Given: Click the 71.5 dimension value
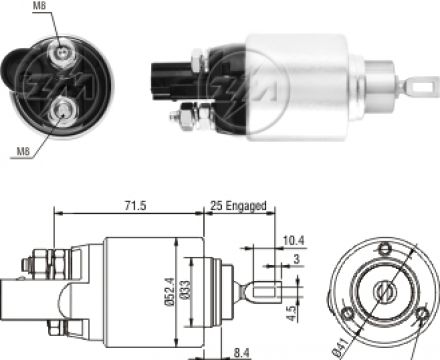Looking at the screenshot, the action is (135, 205).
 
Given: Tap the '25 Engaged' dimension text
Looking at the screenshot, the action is (238, 205).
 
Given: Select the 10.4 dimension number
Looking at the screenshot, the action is (294, 240).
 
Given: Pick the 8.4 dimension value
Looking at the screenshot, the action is (241, 353).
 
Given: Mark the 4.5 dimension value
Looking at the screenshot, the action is (292, 313).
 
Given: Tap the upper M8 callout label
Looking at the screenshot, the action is (39, 5).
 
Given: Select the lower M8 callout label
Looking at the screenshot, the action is (23, 152).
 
